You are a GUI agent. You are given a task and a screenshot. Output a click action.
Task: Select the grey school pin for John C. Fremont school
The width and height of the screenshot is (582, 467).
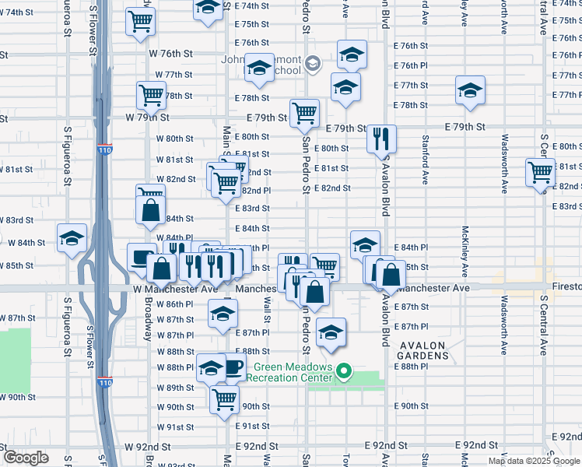click(313, 64)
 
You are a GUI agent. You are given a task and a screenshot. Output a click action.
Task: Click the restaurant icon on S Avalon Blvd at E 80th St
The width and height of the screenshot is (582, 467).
click(381, 139)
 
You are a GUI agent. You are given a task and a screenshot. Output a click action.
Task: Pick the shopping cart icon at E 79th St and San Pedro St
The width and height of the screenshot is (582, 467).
click(304, 112)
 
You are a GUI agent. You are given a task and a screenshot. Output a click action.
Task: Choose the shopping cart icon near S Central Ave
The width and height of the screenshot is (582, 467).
click(540, 172)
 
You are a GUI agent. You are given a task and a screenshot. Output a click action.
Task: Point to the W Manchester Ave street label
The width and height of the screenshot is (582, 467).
click(175, 289)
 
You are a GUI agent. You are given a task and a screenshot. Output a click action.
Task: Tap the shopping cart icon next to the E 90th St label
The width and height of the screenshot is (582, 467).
click(225, 399)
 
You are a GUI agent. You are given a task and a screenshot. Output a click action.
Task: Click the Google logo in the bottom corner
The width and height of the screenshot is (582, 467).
click(26, 458)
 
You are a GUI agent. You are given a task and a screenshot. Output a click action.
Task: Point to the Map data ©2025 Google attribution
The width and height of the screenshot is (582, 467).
click(534, 461)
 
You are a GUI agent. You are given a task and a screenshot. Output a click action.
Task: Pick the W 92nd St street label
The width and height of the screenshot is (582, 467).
click(148, 447)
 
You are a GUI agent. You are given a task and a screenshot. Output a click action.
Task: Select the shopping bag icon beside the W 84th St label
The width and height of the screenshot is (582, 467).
click(149, 209)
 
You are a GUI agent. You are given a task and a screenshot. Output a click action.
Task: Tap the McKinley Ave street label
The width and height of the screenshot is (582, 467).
click(465, 251)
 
